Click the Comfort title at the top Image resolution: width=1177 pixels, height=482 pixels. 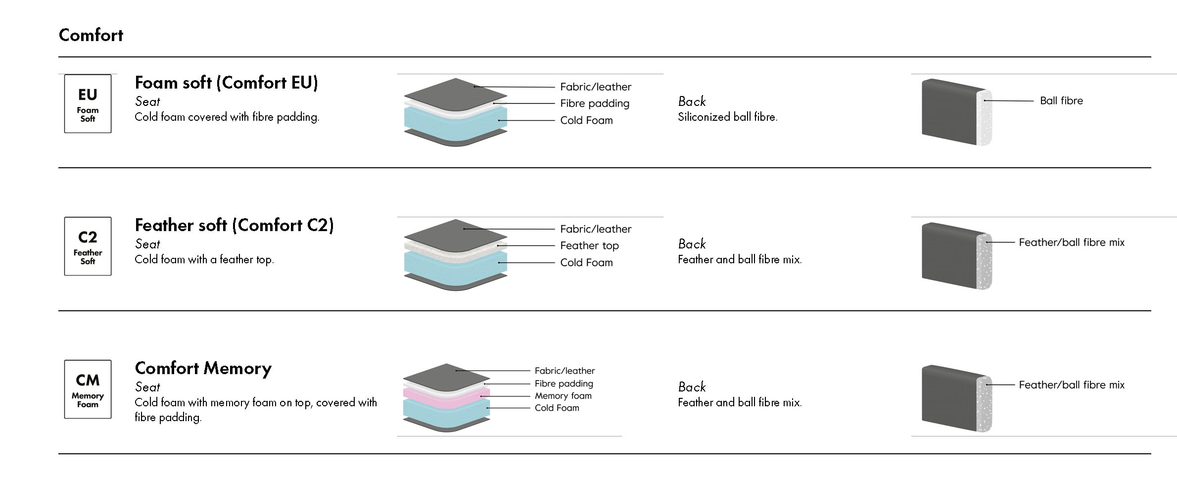pos(91,35)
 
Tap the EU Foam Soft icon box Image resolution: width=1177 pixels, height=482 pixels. pos(88,103)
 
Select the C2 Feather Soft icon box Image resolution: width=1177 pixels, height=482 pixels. pos(88,246)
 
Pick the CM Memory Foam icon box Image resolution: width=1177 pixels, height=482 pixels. pos(88,389)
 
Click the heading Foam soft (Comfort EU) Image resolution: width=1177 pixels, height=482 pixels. pos(226,83)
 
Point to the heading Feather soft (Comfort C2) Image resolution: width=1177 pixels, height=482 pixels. pos(234,225)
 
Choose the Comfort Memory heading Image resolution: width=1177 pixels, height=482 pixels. pos(203,368)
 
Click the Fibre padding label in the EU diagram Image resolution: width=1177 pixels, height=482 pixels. pos(594,103)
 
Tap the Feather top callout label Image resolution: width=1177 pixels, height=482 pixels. pos(589,245)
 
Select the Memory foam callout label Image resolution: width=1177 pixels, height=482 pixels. pos(563,396)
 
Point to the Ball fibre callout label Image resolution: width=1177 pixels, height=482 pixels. pos(1061,101)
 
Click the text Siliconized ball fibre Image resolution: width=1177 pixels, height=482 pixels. pos(727,117)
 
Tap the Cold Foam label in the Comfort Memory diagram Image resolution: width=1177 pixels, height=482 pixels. pos(557,408)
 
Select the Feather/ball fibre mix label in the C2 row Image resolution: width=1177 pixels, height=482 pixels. pos(1072,242)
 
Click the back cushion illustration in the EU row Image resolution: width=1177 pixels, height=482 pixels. pos(955,112)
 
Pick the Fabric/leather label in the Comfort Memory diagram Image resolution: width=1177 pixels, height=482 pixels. pos(565,371)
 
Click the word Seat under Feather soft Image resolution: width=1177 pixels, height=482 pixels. pos(147,244)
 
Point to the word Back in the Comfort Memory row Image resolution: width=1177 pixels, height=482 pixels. pos(692,387)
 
